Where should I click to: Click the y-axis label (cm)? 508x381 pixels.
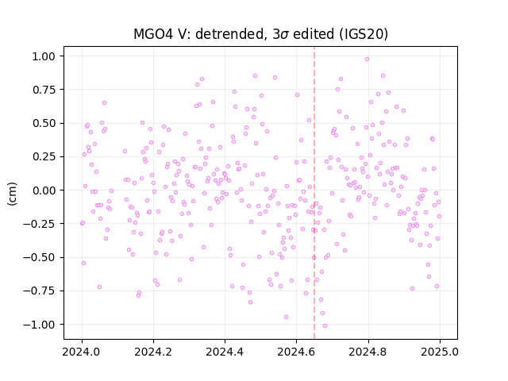coord(12,194)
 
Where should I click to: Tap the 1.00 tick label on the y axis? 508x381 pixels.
coord(44,56)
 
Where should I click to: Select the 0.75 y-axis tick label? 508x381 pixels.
coord(44,90)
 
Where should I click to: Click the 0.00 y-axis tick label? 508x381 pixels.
coord(44,190)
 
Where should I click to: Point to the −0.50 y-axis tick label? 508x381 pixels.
coord(40,257)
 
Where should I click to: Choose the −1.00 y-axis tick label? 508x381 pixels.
coord(40,325)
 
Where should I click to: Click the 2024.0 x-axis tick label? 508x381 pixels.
coord(82,352)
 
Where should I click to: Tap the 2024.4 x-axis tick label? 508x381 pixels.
coord(225,352)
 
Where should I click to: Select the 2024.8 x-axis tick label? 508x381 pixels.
coord(368,352)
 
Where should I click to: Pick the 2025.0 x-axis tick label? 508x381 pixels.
coord(440,352)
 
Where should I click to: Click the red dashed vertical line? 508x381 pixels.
coord(314,193)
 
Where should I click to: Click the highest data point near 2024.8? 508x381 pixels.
coord(367,59)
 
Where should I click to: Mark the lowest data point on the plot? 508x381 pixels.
coord(325,325)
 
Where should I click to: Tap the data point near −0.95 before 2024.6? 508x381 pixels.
coord(286,317)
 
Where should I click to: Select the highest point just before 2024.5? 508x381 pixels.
coord(255,76)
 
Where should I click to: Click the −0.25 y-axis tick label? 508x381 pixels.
coord(40,224)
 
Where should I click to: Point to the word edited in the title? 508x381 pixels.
coord(314,33)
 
